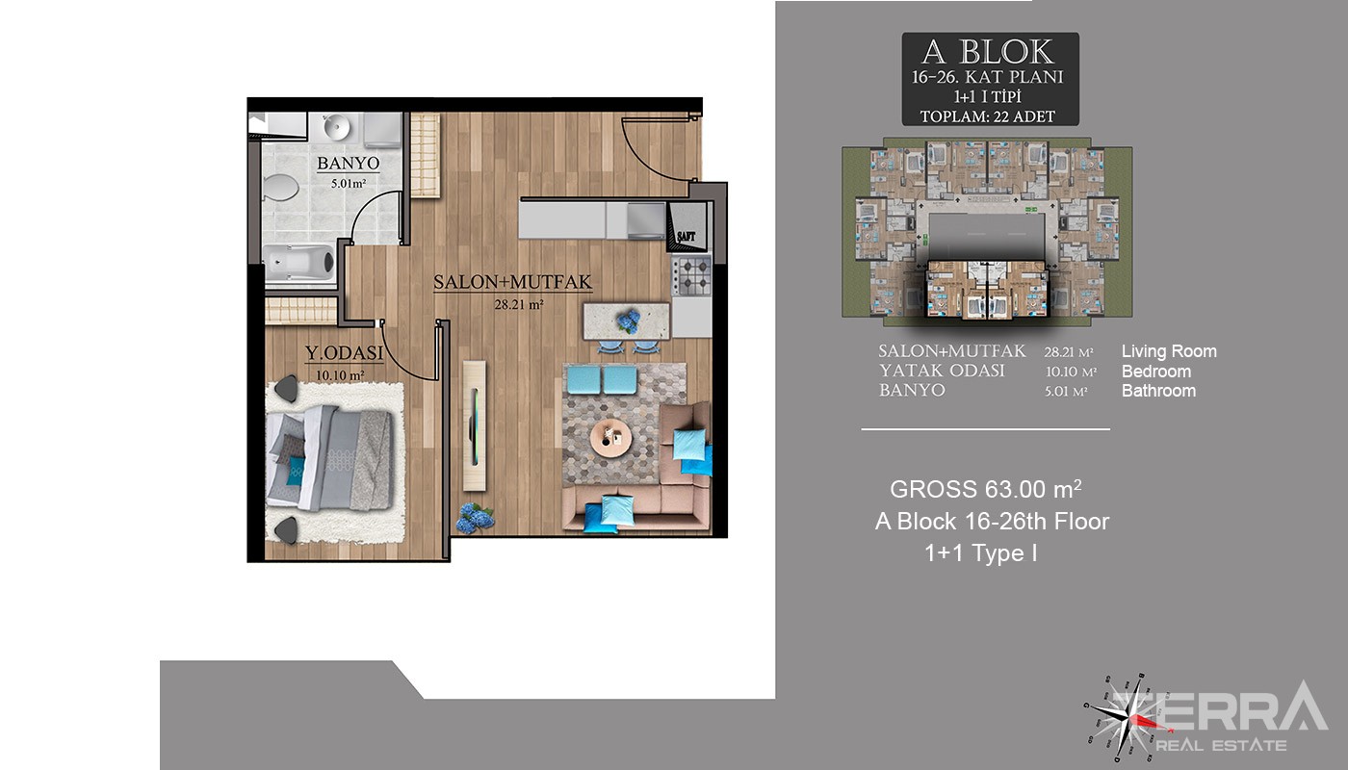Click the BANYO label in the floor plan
pos(348,163)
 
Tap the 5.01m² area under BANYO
pos(349,183)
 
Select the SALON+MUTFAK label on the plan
pos(512,281)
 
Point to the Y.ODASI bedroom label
pos(345,352)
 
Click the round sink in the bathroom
pos(336,126)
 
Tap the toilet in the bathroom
pos(280,187)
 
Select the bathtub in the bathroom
pos(299,263)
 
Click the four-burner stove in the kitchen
pos(692,276)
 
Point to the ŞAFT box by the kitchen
pos(687,227)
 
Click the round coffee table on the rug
pos(610,438)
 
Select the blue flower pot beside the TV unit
pos(475,518)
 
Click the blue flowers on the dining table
pos(628,321)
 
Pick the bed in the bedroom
pos(329,458)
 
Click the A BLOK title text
pos(989,52)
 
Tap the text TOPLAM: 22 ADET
pos(988,116)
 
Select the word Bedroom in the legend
pos(1156,372)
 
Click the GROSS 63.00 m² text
pos(986,489)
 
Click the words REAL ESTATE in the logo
pos(1221,745)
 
